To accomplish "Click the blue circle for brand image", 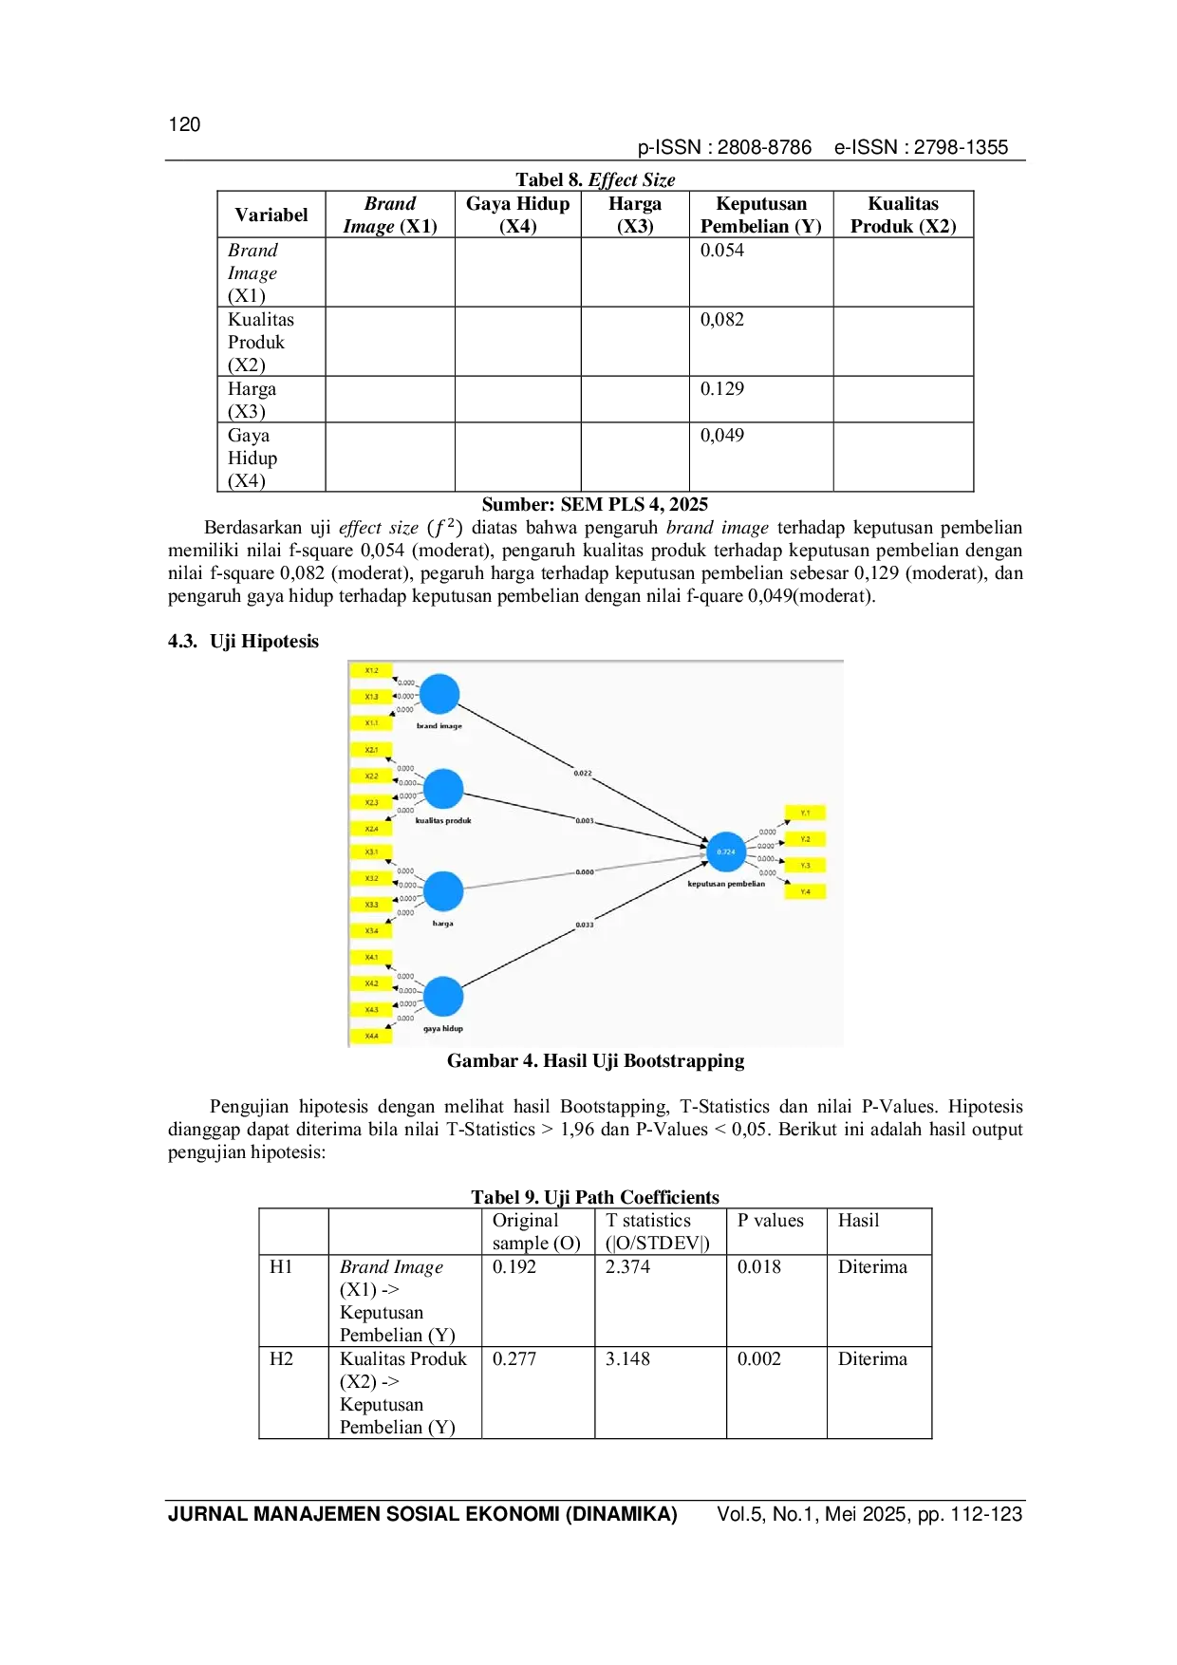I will click(x=439, y=694).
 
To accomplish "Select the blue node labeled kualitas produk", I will click(x=443, y=789).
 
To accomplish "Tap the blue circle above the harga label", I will click(x=443, y=891).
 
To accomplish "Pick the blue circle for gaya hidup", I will click(x=443, y=997).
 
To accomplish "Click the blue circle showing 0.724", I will click(x=726, y=851).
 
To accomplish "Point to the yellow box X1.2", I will click(x=371, y=670).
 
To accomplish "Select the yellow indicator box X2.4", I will click(x=371, y=829).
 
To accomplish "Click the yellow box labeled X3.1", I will click(x=371, y=851).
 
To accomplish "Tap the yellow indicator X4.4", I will click(x=371, y=1036).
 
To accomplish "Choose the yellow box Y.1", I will click(x=805, y=813).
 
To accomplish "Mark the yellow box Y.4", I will click(x=805, y=891).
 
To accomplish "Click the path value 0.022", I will click(x=583, y=774).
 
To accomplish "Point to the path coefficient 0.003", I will click(x=585, y=820).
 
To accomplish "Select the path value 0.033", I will click(x=585, y=925).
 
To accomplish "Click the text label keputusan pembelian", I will click(x=726, y=884).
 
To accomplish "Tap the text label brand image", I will click(x=439, y=726).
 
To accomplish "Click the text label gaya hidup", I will click(x=443, y=1028).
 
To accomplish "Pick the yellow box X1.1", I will click(x=371, y=723).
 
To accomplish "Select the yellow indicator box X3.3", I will click(x=371, y=905).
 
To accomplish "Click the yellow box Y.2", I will click(x=805, y=839).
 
